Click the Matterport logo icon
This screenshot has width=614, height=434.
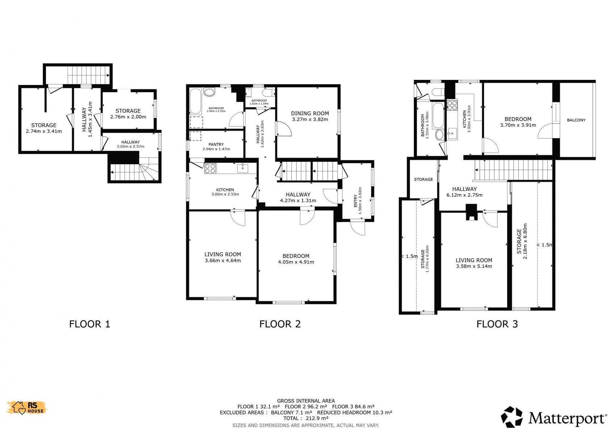click(x=512, y=417)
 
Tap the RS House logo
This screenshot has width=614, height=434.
click(x=27, y=408)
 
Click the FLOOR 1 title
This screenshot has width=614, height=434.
click(x=90, y=324)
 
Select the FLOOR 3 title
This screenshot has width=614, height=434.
click(x=497, y=324)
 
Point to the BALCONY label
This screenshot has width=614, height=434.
click(x=576, y=120)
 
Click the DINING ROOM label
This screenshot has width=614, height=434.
click(x=310, y=113)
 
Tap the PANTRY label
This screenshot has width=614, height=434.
click(x=216, y=144)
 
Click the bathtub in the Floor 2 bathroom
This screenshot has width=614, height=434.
click(x=196, y=101)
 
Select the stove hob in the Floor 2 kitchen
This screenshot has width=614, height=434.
click(x=210, y=168)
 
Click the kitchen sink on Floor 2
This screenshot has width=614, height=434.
click(x=243, y=169)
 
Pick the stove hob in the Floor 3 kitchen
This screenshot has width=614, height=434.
click(x=452, y=105)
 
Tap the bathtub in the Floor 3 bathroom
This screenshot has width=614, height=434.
click(x=438, y=115)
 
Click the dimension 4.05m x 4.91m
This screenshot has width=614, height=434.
click(x=296, y=262)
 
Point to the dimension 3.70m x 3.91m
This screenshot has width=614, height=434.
click(x=518, y=125)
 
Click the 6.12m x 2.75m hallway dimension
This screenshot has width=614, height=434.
click(x=464, y=195)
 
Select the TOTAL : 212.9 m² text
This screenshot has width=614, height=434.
click(x=306, y=418)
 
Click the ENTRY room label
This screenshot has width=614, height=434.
click(x=356, y=200)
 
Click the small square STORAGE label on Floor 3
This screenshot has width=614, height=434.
click(x=424, y=179)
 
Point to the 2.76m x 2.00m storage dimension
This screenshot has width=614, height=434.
click(x=128, y=117)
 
